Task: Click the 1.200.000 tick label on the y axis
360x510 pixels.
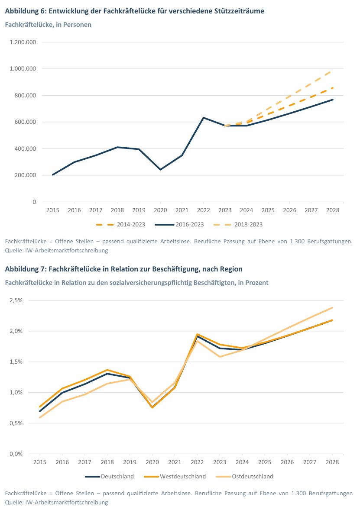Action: [x=23, y=42]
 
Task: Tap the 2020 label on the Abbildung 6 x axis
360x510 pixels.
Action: [x=160, y=210]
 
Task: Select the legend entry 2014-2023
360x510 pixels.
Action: [x=121, y=224]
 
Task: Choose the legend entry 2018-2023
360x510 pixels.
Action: [x=238, y=224]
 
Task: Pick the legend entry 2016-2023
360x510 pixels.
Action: [x=179, y=224]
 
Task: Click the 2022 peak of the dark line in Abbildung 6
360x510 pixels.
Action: [x=204, y=117]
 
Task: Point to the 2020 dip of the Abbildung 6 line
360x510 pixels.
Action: [x=160, y=169]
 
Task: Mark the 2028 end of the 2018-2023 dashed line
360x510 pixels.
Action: [x=332, y=70]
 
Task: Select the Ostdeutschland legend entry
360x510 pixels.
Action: [x=245, y=477]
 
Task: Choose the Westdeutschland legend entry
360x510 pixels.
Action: [x=175, y=477]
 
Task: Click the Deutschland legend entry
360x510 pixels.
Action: [x=110, y=477]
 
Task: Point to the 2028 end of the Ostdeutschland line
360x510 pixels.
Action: [x=332, y=307]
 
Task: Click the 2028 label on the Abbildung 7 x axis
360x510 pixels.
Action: [x=332, y=462]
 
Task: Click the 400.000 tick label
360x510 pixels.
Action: [x=25, y=148]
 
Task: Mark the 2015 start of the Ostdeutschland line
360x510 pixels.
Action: [x=40, y=418]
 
